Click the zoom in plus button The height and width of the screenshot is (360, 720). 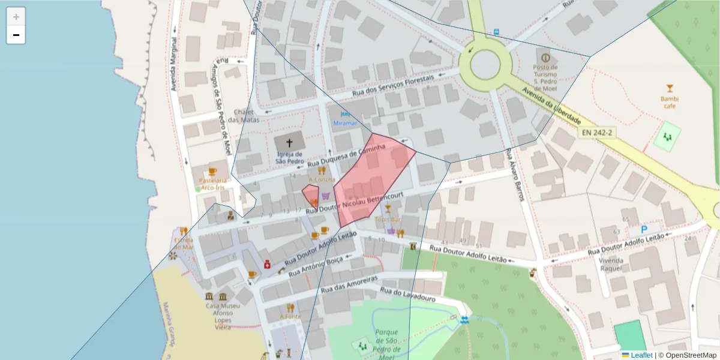(x=16, y=17)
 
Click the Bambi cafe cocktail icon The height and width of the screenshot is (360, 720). (x=670, y=88)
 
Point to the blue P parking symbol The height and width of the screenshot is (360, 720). (x=644, y=229)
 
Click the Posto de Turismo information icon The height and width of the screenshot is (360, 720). (x=545, y=58)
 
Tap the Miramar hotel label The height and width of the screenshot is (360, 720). (x=345, y=123)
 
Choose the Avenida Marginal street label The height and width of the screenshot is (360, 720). (x=174, y=65)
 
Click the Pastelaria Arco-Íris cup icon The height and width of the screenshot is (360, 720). (x=212, y=172)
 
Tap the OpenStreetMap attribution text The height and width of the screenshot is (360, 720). (x=687, y=355)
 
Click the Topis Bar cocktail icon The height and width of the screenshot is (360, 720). (x=388, y=209)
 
